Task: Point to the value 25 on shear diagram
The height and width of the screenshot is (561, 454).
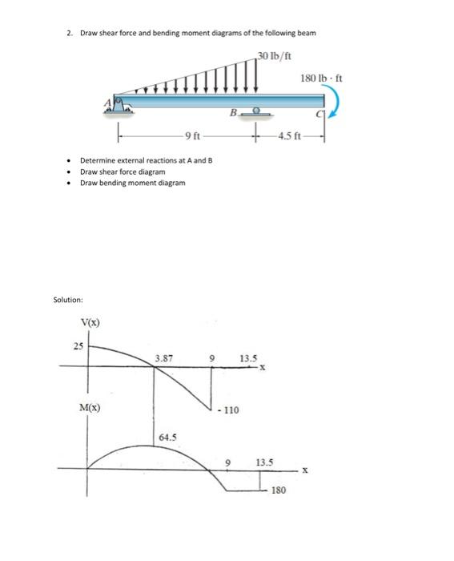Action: pos(77,346)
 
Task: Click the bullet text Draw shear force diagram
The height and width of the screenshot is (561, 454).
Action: pos(123,172)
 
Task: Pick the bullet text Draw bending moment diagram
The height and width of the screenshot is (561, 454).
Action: pos(132,183)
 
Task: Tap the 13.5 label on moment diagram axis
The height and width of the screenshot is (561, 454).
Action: pos(264,462)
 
